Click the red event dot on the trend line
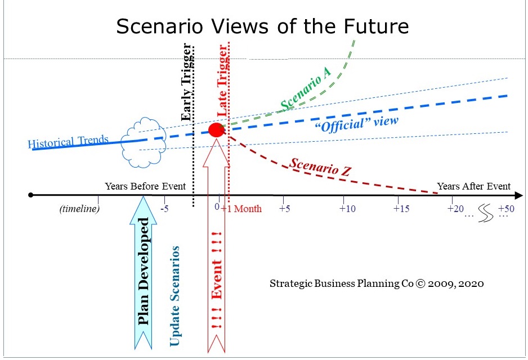pos(217,130)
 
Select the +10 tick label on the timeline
pos(347,209)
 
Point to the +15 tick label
pos(401,209)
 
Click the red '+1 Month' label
pos(241,209)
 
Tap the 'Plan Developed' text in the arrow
pos(145,271)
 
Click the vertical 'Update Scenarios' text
pos(175,295)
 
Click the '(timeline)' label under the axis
pos(79,209)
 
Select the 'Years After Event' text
pos(473,186)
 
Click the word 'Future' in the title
pos(378,26)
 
